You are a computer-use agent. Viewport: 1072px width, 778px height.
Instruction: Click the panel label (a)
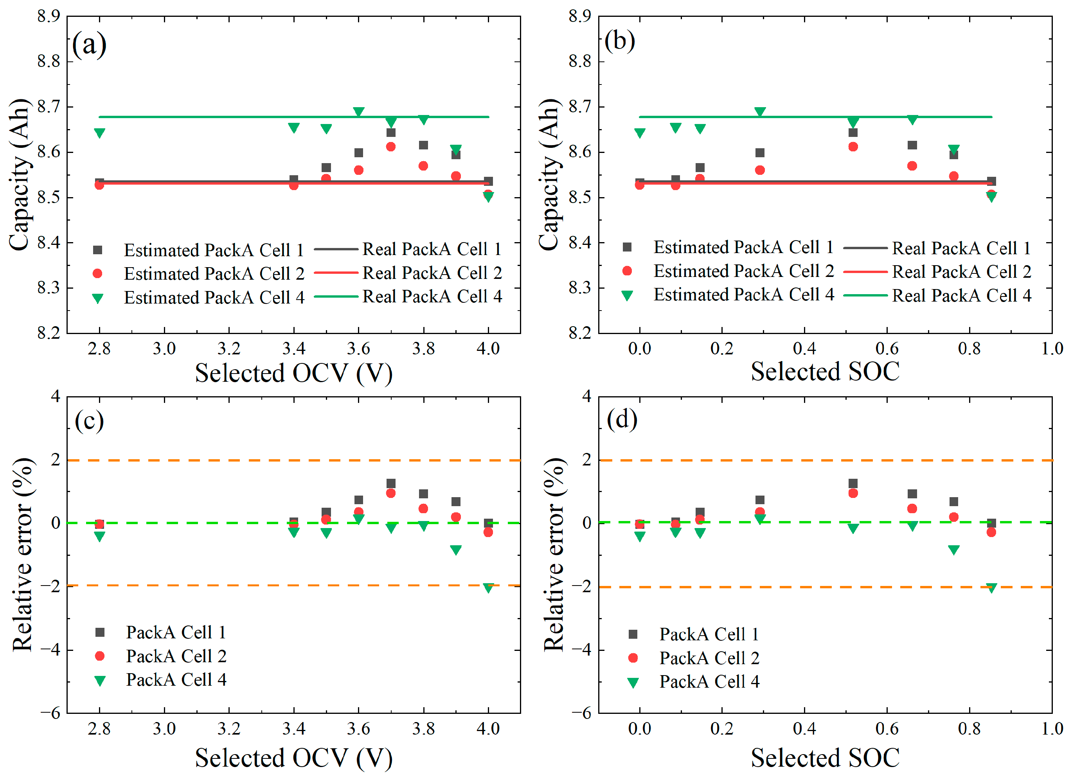[89, 45]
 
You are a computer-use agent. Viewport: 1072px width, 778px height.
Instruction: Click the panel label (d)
[622, 419]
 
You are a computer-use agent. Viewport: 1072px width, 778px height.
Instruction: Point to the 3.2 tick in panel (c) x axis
[229, 729]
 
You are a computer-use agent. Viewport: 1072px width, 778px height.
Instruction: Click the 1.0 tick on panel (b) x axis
[1052, 349]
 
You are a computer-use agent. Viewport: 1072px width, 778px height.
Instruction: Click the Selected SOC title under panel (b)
[825, 372]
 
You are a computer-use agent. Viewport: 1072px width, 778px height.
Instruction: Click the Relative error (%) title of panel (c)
[23, 555]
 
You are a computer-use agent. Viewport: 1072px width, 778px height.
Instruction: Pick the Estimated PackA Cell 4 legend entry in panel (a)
[214, 298]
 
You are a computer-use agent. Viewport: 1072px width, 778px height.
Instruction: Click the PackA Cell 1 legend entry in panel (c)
[176, 632]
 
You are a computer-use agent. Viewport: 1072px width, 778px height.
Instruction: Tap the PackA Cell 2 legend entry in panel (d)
[709, 658]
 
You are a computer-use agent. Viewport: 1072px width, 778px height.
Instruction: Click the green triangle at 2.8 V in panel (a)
[99, 133]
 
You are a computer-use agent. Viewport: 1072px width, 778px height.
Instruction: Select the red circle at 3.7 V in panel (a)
[391, 147]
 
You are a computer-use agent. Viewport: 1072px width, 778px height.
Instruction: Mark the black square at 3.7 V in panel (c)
[391, 483]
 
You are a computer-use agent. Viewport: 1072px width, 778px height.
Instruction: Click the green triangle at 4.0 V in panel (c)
[488, 588]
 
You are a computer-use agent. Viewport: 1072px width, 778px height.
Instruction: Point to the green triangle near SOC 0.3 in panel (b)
[759, 112]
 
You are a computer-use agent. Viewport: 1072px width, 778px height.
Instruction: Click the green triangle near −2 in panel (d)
[991, 588]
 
